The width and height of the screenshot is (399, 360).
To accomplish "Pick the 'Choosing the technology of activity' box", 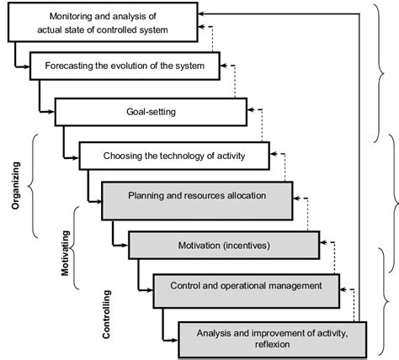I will pyautogui.click(x=174, y=155).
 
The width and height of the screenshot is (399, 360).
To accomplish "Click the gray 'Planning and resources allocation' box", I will pyautogui.click(x=197, y=196).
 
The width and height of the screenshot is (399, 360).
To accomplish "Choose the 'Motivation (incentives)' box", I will pyautogui.click(x=224, y=245).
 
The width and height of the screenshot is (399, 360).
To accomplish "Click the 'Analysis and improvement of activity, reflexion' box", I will pyautogui.click(x=269, y=336).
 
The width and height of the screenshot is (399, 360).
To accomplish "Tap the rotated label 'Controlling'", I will pyautogui.click(x=106, y=314).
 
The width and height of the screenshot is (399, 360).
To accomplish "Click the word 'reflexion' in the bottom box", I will pyautogui.click(x=269, y=343).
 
